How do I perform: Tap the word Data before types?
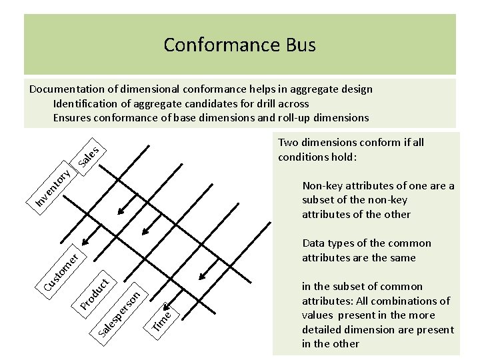click(x=314, y=243)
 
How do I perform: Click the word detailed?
click(x=327, y=330)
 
